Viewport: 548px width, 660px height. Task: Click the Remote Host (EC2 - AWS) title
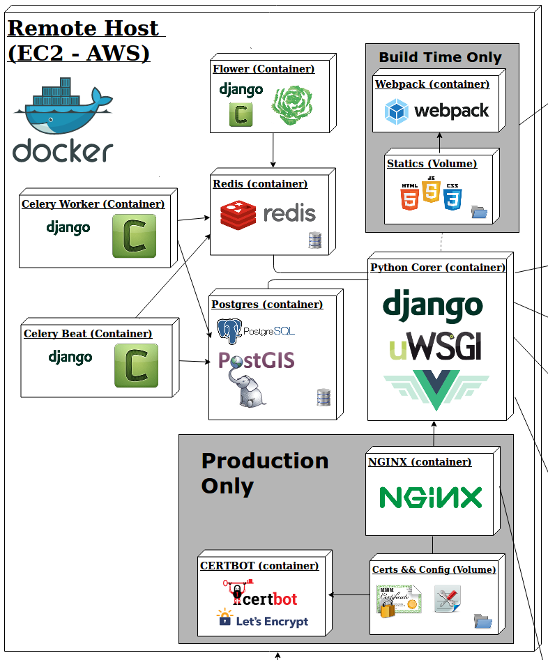tap(84, 40)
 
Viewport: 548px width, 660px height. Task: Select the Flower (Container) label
tap(263, 69)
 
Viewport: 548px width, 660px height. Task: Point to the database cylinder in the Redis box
tap(314, 240)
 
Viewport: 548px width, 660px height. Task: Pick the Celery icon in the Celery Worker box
tap(134, 236)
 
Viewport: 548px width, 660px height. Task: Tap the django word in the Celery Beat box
tap(70, 358)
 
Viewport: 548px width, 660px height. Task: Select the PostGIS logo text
tap(256, 360)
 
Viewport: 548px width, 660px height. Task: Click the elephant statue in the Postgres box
tap(248, 390)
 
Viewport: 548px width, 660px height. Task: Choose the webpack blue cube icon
tap(397, 111)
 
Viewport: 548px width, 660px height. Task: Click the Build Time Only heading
tap(440, 57)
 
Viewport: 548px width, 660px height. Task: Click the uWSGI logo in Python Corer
tap(436, 346)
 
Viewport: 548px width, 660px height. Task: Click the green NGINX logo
tap(430, 498)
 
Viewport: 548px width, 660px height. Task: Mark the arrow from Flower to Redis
tap(273, 150)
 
